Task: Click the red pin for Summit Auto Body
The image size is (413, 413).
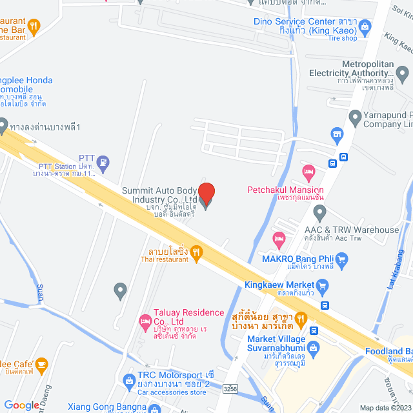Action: [206, 194]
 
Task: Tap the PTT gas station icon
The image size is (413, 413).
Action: [105, 161]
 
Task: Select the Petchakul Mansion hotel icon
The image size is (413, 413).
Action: [308, 173]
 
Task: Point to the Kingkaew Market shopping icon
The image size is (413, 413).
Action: [323, 285]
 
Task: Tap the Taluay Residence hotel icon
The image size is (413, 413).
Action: [145, 320]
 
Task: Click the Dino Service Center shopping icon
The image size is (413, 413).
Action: [365, 26]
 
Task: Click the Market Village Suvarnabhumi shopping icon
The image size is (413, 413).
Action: [314, 348]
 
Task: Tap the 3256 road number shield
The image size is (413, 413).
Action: [230, 389]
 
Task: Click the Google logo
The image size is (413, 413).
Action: [21, 405]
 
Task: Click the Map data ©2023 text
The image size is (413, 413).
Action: [385, 408]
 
